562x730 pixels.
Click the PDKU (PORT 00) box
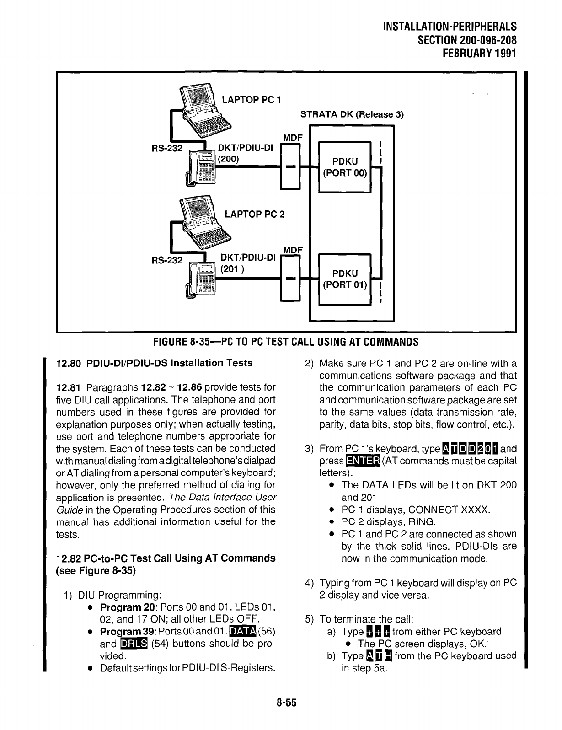tap(344, 167)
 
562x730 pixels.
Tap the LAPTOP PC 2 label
tap(254, 214)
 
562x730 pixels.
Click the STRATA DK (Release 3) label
tap(351, 114)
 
